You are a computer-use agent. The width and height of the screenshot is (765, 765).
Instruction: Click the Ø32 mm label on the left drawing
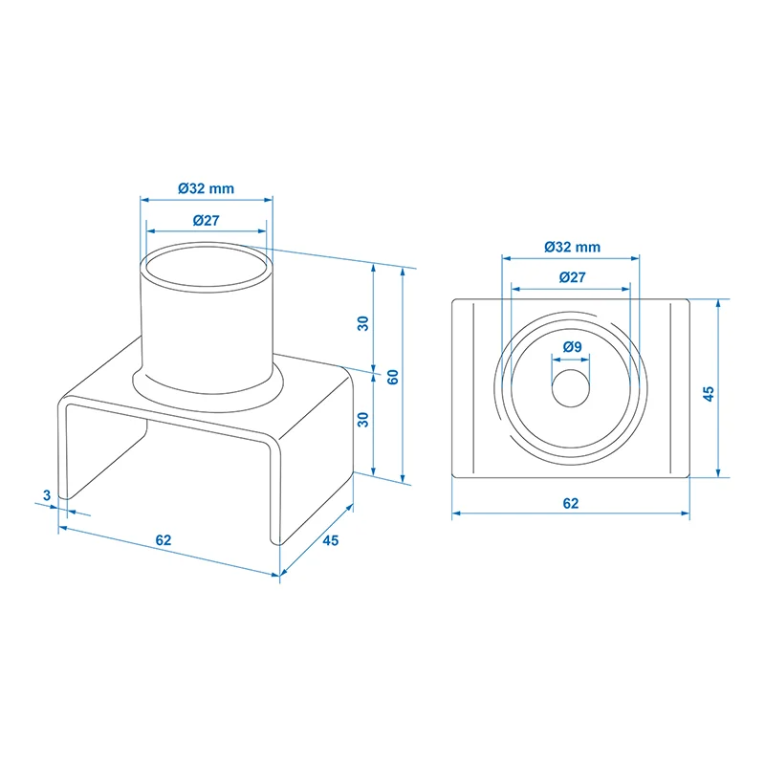(206, 188)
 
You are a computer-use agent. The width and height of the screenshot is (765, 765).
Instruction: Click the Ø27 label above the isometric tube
(206, 220)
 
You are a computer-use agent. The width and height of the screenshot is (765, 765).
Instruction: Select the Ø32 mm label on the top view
(572, 247)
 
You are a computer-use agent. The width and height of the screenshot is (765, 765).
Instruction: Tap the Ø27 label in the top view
(572, 276)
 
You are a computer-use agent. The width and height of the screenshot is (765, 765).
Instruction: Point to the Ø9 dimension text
(572, 346)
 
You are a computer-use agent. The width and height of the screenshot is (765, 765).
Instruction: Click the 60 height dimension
(392, 376)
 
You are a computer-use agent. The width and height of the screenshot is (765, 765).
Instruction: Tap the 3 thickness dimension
(46, 494)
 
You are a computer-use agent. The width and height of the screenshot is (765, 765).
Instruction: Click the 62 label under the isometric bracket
(164, 540)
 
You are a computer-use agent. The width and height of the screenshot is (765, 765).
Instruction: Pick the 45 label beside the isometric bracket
(330, 540)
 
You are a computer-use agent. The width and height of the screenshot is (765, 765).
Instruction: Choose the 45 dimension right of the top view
(709, 394)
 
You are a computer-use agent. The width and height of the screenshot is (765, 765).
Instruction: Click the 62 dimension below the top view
(571, 502)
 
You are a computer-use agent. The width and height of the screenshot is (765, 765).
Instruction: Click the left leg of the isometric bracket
(65, 449)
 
